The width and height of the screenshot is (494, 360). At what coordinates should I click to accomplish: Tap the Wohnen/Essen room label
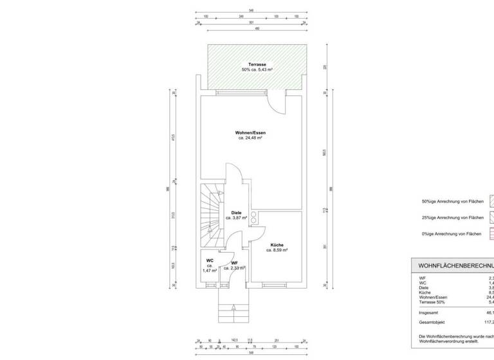(x=251, y=132)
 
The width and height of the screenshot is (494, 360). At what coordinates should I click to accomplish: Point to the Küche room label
(x=277, y=245)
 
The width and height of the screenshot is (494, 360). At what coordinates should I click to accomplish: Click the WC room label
(x=210, y=260)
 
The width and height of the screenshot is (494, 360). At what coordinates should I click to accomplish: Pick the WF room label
(x=235, y=262)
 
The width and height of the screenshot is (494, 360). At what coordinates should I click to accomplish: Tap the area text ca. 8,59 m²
(x=277, y=250)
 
